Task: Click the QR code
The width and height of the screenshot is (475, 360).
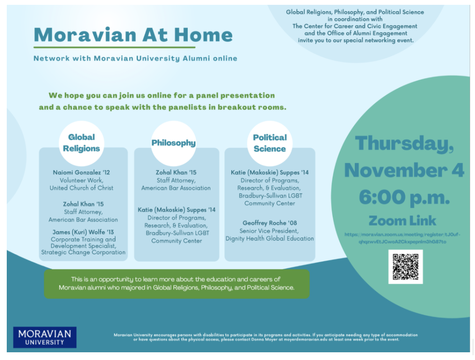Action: pos(405,266)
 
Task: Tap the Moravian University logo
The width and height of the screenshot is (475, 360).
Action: pos(45,337)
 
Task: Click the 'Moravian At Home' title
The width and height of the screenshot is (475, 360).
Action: pos(133,35)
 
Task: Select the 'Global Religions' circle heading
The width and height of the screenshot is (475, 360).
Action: pos(81,143)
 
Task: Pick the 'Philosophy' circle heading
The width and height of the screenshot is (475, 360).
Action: pos(173,143)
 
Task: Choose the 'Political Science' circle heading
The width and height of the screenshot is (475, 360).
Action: pos(269,143)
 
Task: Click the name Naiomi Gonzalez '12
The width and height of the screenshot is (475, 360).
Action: pos(82,172)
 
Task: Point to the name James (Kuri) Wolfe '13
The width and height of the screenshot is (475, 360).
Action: pos(83,232)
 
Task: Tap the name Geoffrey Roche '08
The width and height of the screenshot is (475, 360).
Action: pos(269,223)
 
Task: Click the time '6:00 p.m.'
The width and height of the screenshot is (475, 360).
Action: pos(404,197)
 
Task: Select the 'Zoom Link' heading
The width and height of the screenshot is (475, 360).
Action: pos(402,221)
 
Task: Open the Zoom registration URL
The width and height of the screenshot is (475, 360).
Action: pos(402,238)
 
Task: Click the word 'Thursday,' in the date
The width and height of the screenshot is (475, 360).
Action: pos(404,143)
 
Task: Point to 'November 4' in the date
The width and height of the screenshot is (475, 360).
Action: pos(404,170)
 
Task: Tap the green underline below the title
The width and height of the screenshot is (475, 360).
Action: pos(114,47)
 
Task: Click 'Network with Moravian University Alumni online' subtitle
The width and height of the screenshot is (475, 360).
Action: pos(135,58)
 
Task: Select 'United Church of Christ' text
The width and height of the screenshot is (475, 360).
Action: pos(82,188)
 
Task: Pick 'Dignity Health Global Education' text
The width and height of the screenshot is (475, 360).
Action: pos(269,238)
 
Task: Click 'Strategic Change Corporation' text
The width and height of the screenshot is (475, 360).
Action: pos(83,252)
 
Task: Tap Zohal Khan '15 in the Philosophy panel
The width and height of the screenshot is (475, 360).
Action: pos(176,172)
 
